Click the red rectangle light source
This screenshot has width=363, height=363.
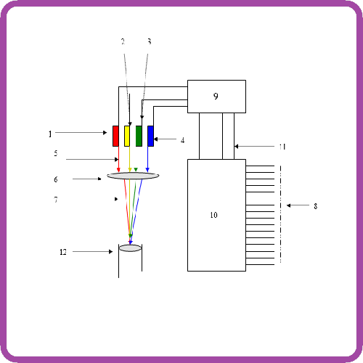(x=115, y=136)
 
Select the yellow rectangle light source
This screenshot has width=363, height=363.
(x=127, y=136)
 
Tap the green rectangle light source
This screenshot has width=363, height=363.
(x=139, y=136)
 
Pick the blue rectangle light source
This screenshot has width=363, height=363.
(x=150, y=136)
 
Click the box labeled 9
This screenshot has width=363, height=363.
(x=216, y=97)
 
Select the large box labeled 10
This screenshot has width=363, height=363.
(x=216, y=215)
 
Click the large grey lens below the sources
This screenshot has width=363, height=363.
(x=133, y=176)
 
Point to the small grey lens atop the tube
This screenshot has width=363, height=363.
(x=130, y=248)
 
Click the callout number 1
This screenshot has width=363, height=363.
(x=50, y=134)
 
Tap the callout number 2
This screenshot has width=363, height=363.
(x=123, y=41)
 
